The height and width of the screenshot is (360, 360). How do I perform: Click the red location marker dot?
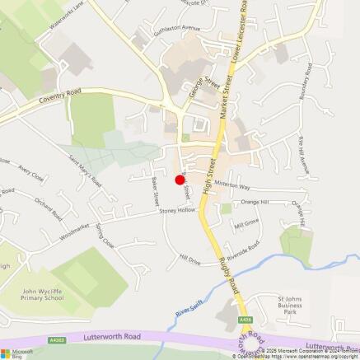coord(180,180)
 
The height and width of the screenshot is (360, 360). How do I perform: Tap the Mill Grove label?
coord(246,223)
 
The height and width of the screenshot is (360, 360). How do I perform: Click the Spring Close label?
coord(105,235)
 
